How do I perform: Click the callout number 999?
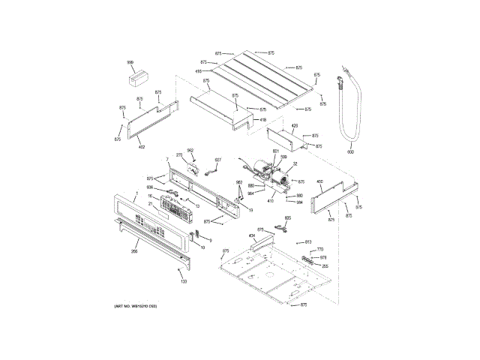[130, 62]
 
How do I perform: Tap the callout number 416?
[199, 71]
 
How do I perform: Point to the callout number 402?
[141, 147]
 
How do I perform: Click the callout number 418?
[262, 120]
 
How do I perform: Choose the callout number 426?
[294, 125]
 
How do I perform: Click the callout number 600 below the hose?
[349, 152]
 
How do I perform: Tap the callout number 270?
[179, 154]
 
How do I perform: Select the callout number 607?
[218, 160]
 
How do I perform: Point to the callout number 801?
[275, 151]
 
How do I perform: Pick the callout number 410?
[271, 200]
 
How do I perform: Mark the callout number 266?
[134, 251]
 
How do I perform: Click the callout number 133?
[184, 281]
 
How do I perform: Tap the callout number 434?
[253, 235]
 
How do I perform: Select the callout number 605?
[287, 218]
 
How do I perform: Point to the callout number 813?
[308, 241]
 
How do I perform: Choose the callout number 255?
[325, 265]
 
